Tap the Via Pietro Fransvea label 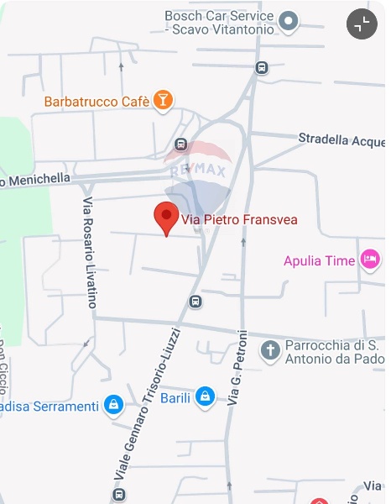click(x=240, y=220)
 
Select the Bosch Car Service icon click(x=289, y=22)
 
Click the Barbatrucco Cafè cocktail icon click(x=163, y=102)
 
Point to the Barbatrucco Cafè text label click(x=96, y=102)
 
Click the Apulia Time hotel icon click(x=369, y=260)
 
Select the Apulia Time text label click(x=320, y=261)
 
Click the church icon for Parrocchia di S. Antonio click(x=270, y=349)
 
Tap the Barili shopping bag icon click(x=205, y=396)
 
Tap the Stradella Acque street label click(x=341, y=139)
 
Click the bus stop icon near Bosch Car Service click(x=262, y=68)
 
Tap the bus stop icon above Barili click(x=195, y=302)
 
